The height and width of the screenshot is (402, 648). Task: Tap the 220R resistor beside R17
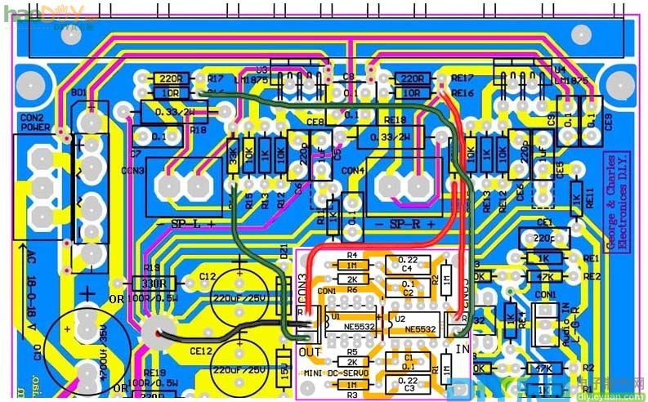[x=170, y=79]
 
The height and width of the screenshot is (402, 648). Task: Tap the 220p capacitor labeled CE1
[x=543, y=237]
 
